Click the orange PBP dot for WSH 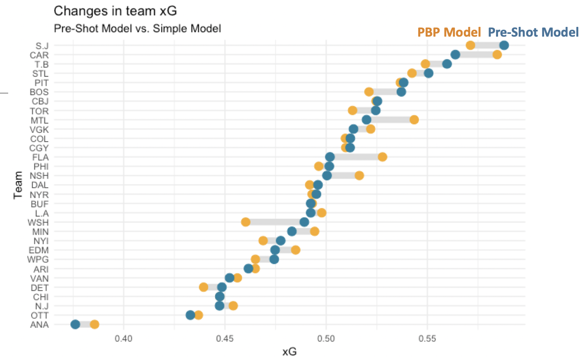point(246,222)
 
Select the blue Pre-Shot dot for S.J point(504,45)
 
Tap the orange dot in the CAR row point(497,55)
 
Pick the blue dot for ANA point(75,324)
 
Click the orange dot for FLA point(382,157)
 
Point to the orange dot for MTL point(414,120)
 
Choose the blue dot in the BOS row point(401,92)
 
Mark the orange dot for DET point(203,287)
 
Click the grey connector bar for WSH point(275,222)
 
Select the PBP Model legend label point(449,32)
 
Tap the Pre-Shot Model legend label point(533,32)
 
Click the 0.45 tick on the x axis point(225,338)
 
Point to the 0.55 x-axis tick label point(427,338)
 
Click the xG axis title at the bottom point(290,351)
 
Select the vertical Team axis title point(18,185)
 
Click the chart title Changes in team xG point(115,11)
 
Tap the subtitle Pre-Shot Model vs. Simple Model point(137,28)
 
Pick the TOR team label point(39,111)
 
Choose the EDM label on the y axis point(39,250)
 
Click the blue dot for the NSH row point(327,176)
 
